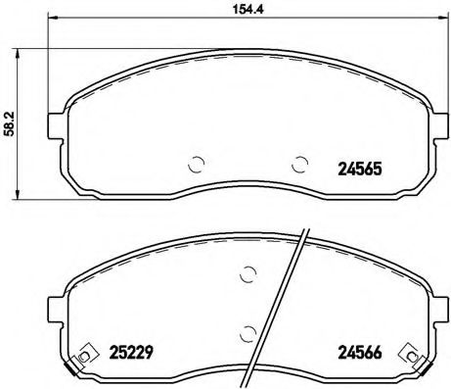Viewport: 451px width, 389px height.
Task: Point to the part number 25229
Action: coord(128,351)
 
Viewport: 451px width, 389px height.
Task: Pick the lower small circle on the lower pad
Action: coord(250,334)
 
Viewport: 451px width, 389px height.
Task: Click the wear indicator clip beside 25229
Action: coord(86,354)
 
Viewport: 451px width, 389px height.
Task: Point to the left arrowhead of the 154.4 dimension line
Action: coord(52,22)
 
